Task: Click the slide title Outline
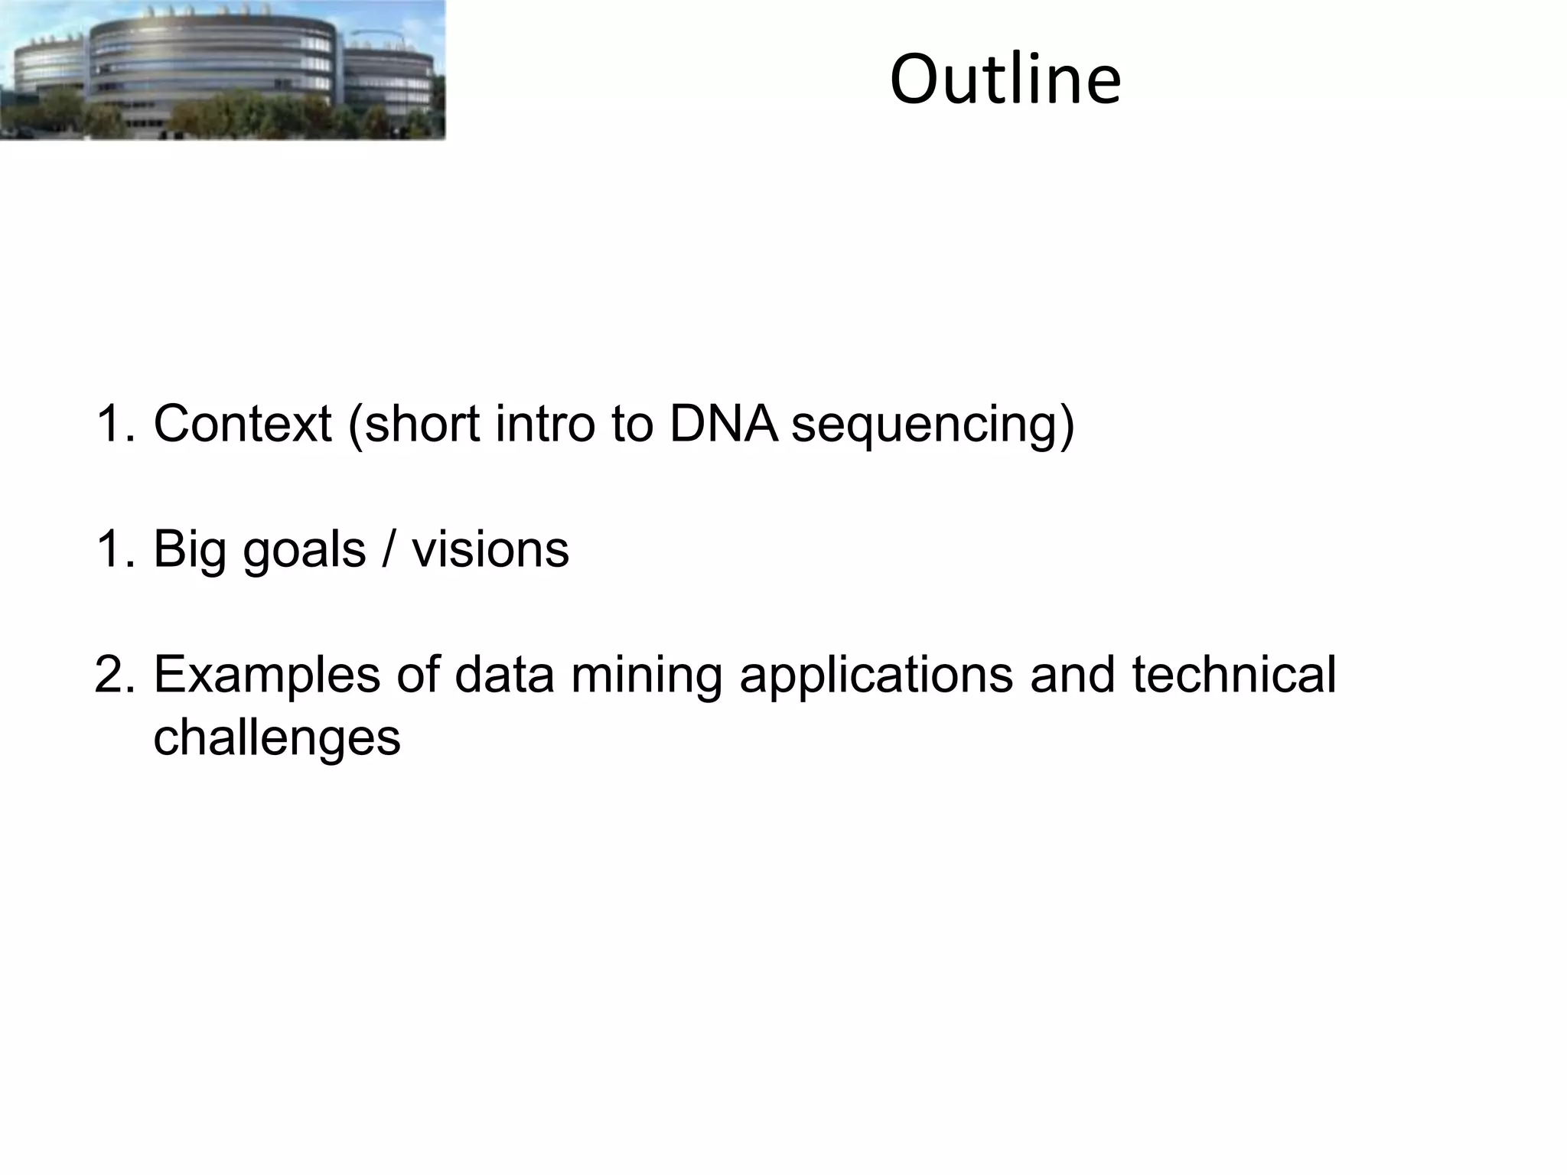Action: click(x=1005, y=80)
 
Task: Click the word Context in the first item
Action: click(x=243, y=423)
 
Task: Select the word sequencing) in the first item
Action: click(x=932, y=425)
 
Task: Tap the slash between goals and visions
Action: click(x=389, y=549)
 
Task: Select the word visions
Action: click(x=490, y=549)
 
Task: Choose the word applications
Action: click(x=876, y=676)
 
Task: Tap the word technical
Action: click(x=1233, y=675)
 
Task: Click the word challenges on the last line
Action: click(x=277, y=738)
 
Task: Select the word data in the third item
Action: click(x=504, y=675)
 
